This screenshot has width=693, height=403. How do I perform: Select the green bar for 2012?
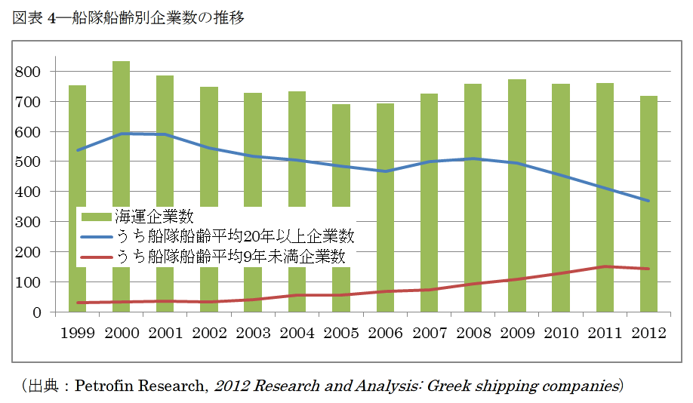tap(648, 204)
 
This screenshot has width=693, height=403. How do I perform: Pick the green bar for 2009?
tap(517, 196)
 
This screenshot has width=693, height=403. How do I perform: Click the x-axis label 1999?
tap(77, 333)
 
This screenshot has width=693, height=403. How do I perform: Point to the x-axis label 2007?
tap(429, 333)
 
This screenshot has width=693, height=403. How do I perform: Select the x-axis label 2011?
tap(605, 333)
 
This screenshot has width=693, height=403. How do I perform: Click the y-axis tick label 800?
tap(38, 72)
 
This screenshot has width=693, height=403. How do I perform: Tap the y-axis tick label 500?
tap(38, 162)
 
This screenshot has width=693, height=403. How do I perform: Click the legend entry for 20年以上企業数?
tap(234, 237)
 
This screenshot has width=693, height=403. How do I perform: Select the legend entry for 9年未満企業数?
tap(230, 257)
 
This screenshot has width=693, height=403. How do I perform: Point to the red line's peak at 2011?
tap(605, 266)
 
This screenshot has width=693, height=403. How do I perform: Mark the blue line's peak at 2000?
tap(121, 134)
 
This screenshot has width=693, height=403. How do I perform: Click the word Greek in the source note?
tap(449, 386)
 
